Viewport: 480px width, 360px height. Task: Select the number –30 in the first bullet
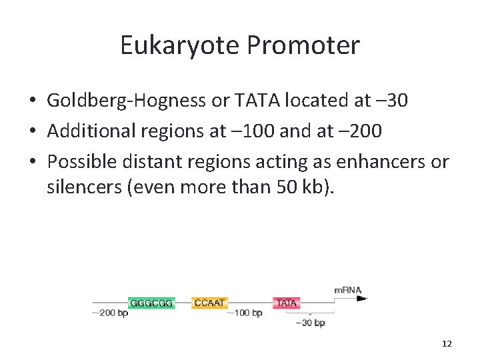pos(389,100)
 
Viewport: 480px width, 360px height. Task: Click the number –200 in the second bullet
pos(359,131)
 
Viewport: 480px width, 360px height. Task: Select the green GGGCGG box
pos(151,303)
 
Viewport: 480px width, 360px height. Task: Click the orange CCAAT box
pos(209,303)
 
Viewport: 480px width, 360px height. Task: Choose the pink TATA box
pos(287,303)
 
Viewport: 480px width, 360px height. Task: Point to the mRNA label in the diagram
pos(347,290)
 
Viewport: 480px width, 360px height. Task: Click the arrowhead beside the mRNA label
pos(362,298)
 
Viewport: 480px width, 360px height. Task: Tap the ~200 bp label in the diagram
pos(109,313)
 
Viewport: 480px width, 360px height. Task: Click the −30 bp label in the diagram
pos(310,323)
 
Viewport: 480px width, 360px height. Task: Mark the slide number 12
pos(447,344)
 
